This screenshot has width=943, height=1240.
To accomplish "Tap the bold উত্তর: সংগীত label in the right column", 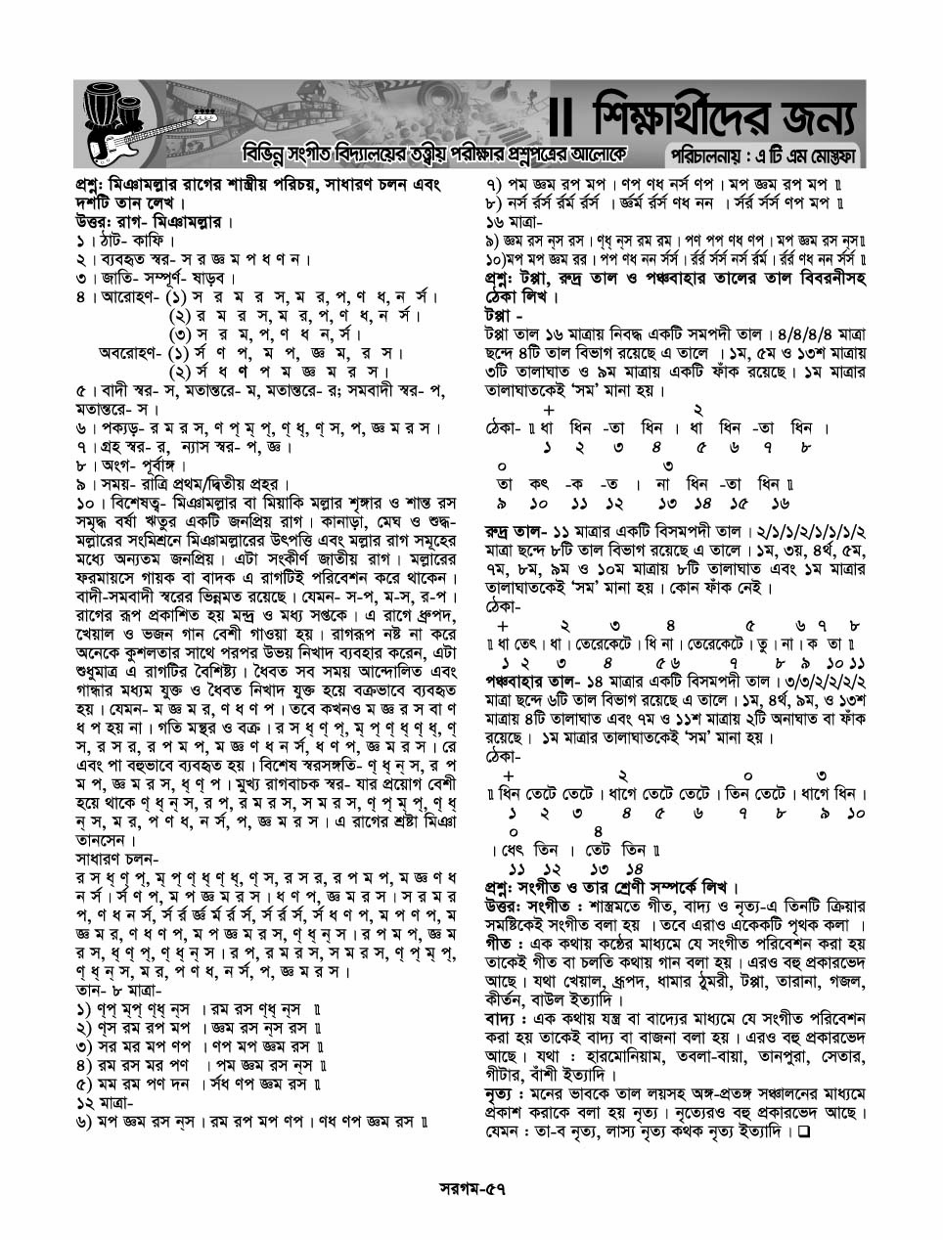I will tap(526, 907).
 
